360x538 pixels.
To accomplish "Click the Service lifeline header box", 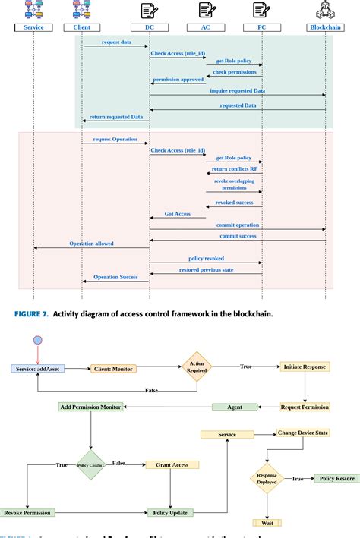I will pos(33,27).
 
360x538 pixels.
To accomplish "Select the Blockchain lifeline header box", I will pos(325,27).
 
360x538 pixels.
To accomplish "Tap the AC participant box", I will pos(205,27).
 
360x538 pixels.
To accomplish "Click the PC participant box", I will pos(262,27).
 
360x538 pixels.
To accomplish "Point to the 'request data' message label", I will pos(115,42).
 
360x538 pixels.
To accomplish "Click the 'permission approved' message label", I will pos(178,80).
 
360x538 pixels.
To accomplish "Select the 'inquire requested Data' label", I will pos(237,90).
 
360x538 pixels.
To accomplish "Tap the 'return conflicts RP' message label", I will pos(234,169).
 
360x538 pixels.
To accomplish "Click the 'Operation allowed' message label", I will pos(91,244).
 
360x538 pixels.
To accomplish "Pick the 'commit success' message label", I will pos(237,236).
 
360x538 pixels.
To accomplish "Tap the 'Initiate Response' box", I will pos(305,366).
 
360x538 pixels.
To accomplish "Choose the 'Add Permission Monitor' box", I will pos(90,407).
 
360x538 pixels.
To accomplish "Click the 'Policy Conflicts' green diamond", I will pos(90,464).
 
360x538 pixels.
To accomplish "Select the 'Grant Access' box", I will pos(172,464).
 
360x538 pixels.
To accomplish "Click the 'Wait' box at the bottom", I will pos(268,523).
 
